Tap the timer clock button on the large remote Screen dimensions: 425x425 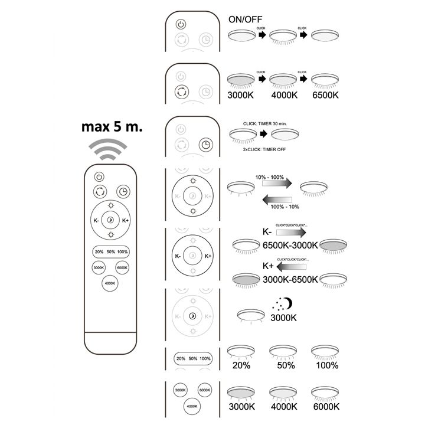[123, 191]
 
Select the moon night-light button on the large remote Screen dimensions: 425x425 [110, 220]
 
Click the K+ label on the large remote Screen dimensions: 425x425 [125, 221]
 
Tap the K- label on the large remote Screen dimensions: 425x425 [96, 221]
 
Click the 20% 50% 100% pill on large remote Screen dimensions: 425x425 [110, 252]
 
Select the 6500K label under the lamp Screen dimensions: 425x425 [326, 95]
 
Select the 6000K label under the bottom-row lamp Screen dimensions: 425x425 [326, 407]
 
